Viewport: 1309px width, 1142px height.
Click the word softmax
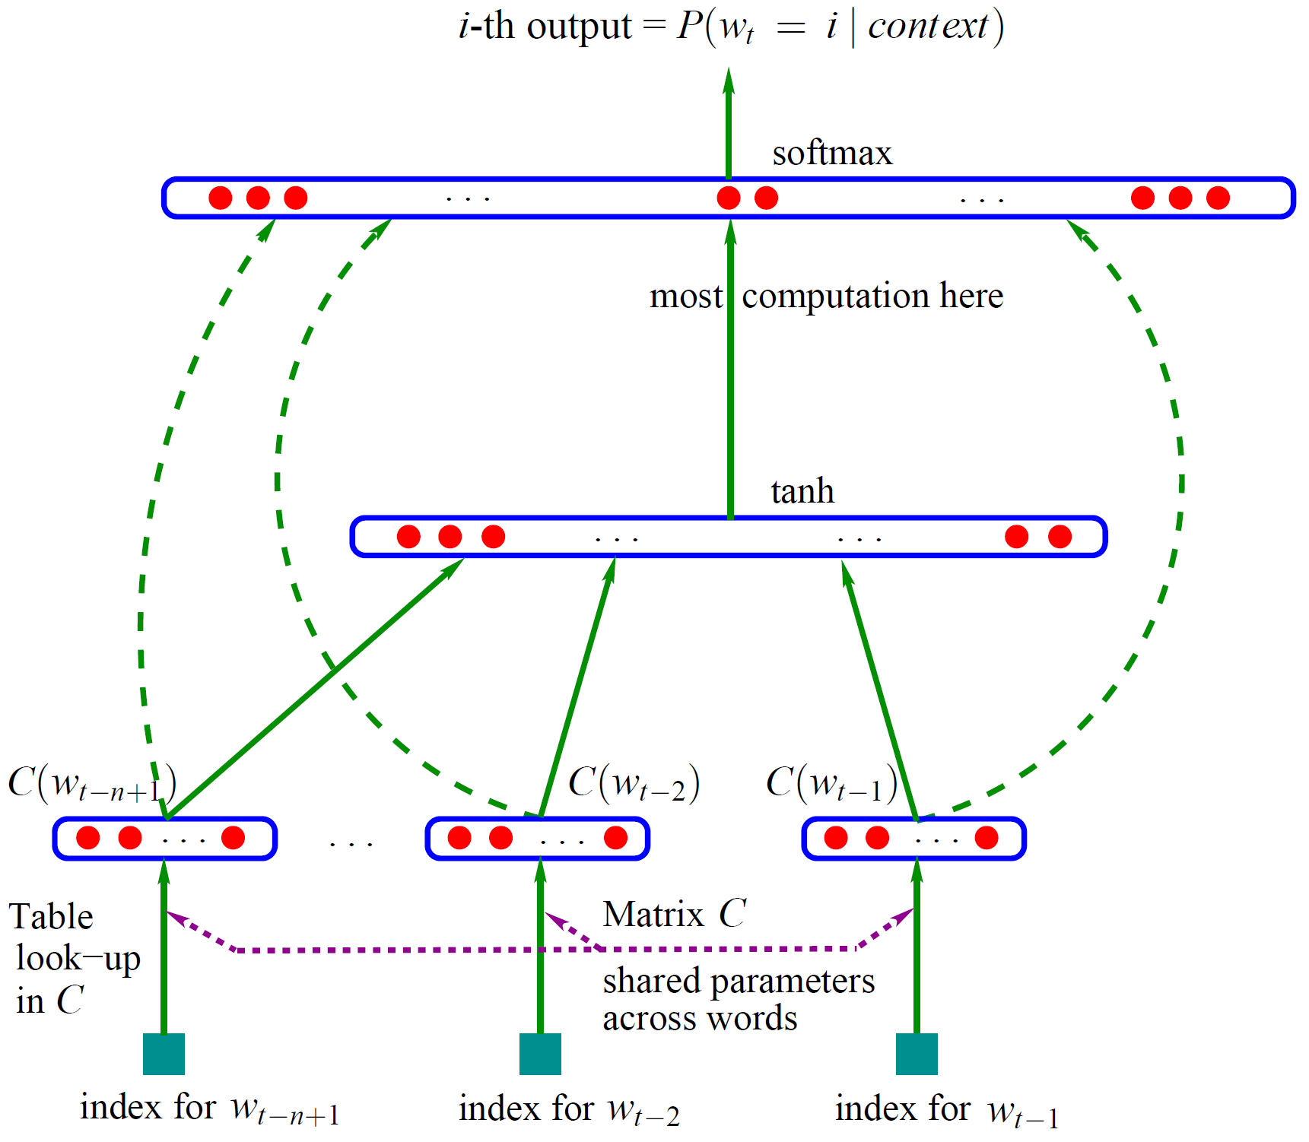click(x=832, y=154)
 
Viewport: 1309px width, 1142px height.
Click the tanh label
click(x=802, y=492)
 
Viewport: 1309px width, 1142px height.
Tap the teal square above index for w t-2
click(x=540, y=1054)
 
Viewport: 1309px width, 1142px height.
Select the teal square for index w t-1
click(x=917, y=1054)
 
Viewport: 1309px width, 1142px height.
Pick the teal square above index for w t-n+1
click(x=164, y=1054)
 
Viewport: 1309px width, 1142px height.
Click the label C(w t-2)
click(x=634, y=783)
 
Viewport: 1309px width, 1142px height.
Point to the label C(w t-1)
click(x=831, y=783)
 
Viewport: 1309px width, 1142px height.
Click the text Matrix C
click(x=674, y=914)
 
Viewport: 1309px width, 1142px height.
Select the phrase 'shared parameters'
click(x=739, y=981)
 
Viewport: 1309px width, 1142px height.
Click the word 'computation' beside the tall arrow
click(x=835, y=296)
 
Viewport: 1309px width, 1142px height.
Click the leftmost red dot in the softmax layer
click(x=221, y=198)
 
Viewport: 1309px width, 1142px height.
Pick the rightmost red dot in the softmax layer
click(x=1218, y=198)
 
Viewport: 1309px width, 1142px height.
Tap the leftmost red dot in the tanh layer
click(x=408, y=537)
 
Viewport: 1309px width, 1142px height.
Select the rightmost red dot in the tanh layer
click(x=1060, y=537)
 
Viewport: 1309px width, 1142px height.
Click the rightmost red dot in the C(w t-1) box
click(x=987, y=838)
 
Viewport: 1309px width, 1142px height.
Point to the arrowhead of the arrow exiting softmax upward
click(x=729, y=78)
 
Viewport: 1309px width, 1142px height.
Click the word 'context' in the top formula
click(x=928, y=27)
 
